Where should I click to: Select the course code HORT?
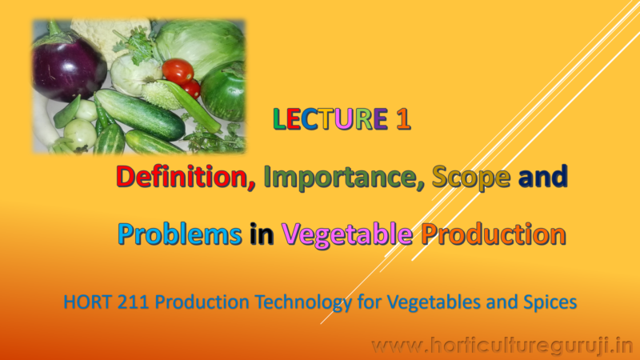[86, 304]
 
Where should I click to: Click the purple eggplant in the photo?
[67, 68]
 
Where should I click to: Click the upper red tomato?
[177, 70]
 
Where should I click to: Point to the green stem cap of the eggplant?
[54, 35]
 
